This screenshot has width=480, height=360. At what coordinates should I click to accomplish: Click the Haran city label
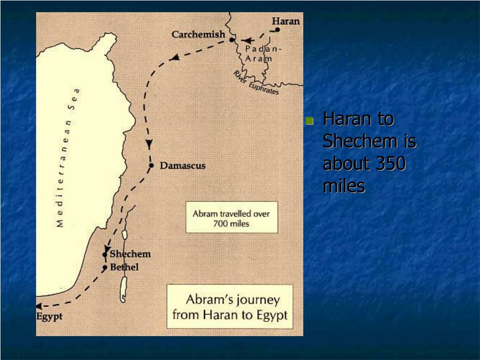(x=285, y=21)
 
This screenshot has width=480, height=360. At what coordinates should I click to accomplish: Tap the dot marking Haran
(x=277, y=30)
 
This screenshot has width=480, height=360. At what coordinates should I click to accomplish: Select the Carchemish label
(x=198, y=34)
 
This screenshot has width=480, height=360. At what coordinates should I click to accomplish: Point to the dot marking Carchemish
(x=232, y=40)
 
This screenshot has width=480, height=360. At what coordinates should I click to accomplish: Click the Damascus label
(x=182, y=165)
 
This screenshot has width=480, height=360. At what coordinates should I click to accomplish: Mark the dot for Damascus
(x=151, y=165)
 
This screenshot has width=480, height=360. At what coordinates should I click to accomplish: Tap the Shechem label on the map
(x=130, y=254)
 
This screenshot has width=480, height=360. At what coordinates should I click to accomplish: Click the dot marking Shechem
(x=105, y=255)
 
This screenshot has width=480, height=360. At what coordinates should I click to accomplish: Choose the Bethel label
(x=124, y=268)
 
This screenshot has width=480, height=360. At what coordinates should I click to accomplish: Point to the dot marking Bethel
(x=105, y=268)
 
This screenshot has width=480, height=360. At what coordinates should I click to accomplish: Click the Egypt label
(x=49, y=316)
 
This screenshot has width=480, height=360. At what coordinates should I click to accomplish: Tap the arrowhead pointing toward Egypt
(x=39, y=306)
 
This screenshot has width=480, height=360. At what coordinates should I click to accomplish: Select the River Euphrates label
(x=256, y=83)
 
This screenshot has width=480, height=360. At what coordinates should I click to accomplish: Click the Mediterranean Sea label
(x=67, y=157)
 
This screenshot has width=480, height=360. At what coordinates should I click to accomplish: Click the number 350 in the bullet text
(x=390, y=164)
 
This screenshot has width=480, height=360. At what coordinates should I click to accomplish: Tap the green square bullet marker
(x=309, y=121)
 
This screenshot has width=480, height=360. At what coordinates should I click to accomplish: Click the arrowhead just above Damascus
(x=149, y=144)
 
